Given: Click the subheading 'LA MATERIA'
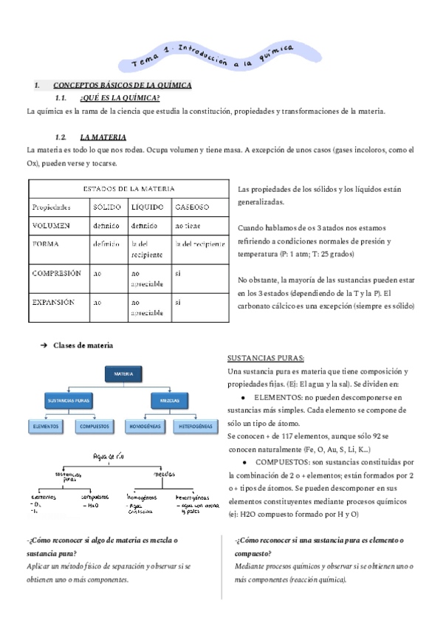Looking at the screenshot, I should coord(103,137).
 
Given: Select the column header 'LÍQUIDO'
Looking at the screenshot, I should coord(147,207).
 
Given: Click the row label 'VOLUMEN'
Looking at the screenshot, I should coord(52,225).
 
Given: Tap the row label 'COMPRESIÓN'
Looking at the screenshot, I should coord(57,272).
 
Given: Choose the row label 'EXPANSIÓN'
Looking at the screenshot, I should coord(55,302).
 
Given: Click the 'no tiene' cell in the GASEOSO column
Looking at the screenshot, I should coord(188,225).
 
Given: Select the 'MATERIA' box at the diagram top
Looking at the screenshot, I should coord(123,375).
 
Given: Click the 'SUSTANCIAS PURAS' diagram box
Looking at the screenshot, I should coord(69,401).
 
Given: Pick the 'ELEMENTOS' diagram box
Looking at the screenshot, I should coord(47,427).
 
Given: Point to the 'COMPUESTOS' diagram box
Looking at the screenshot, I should coord(95,427).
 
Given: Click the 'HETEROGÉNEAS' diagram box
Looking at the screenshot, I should coord(196,427).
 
